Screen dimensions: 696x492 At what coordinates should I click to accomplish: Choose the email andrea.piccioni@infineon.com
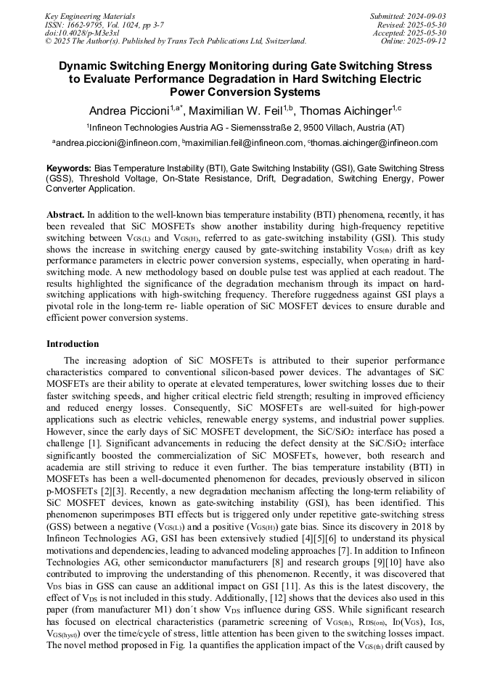click(118, 143)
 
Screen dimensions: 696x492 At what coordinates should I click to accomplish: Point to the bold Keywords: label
click(69, 168)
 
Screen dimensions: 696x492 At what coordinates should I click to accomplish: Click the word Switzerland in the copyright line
click(279, 41)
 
